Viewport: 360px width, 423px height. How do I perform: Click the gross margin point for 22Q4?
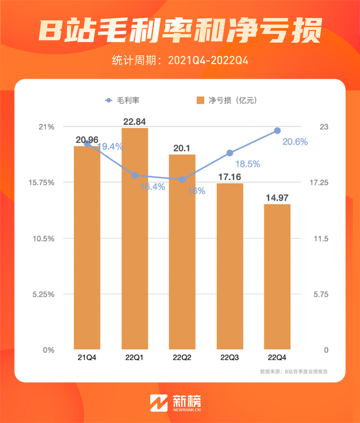[277, 130]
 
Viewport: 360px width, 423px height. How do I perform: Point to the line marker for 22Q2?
[182, 179]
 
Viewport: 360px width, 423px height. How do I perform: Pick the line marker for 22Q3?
[230, 152]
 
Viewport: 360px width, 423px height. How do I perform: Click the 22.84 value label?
[135, 121]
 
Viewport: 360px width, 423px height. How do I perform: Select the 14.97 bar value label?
[277, 197]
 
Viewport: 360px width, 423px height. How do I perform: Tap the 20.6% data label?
[295, 142]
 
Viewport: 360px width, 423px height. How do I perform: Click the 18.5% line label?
[247, 164]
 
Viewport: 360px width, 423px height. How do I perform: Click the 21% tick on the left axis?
[47, 127]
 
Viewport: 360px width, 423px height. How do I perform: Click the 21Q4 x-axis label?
[87, 358]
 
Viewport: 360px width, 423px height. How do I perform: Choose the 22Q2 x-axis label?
[182, 358]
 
